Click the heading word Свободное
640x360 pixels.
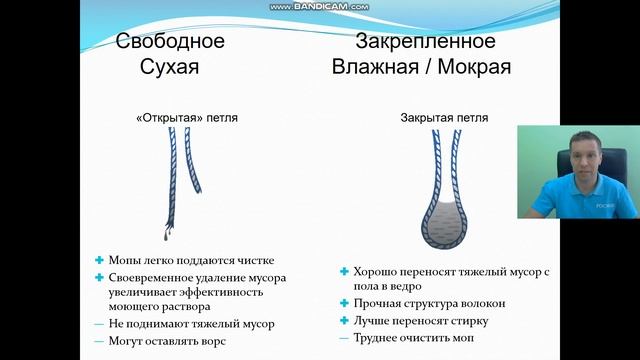click(170, 42)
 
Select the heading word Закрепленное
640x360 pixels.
click(425, 42)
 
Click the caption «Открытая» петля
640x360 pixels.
click(188, 117)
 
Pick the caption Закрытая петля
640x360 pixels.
click(444, 117)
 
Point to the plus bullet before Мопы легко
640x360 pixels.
click(99, 260)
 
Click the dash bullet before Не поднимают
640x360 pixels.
click(99, 324)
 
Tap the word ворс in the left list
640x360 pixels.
click(212, 341)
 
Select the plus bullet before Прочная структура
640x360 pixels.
click(345, 303)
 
